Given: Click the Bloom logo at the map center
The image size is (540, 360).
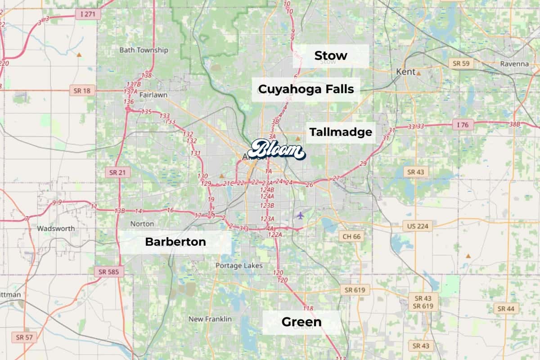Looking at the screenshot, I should [x=276, y=149].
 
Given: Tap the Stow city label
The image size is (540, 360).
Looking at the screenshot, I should [x=331, y=56].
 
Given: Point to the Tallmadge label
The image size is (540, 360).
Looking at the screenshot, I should [x=341, y=132].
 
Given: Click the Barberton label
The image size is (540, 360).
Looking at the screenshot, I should [x=175, y=242].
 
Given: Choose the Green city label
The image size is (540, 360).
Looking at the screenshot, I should [x=301, y=322].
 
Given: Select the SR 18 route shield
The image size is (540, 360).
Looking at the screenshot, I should [x=81, y=90].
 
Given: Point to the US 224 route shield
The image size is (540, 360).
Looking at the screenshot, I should [x=417, y=225].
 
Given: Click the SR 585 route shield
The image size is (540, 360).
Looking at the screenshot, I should [x=109, y=271].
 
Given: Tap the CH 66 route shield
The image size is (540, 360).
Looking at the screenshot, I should [x=351, y=236].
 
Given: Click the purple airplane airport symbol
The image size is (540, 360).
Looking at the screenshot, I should [x=300, y=215].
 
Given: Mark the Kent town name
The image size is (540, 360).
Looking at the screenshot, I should [x=405, y=72].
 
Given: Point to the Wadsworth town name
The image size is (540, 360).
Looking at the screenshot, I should [x=56, y=228].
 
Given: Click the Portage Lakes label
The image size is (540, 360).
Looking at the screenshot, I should [x=239, y=265].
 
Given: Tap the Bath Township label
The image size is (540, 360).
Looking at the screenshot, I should [x=144, y=50].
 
